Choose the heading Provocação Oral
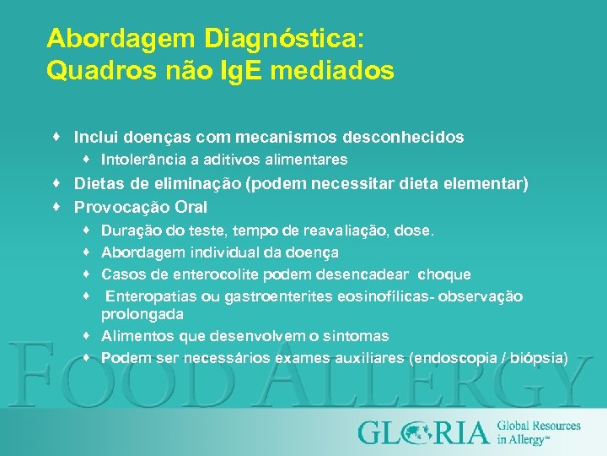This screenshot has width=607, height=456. coord(140,207)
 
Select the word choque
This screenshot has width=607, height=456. coord(444,274)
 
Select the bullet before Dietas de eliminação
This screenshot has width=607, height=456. coord(54,183)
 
